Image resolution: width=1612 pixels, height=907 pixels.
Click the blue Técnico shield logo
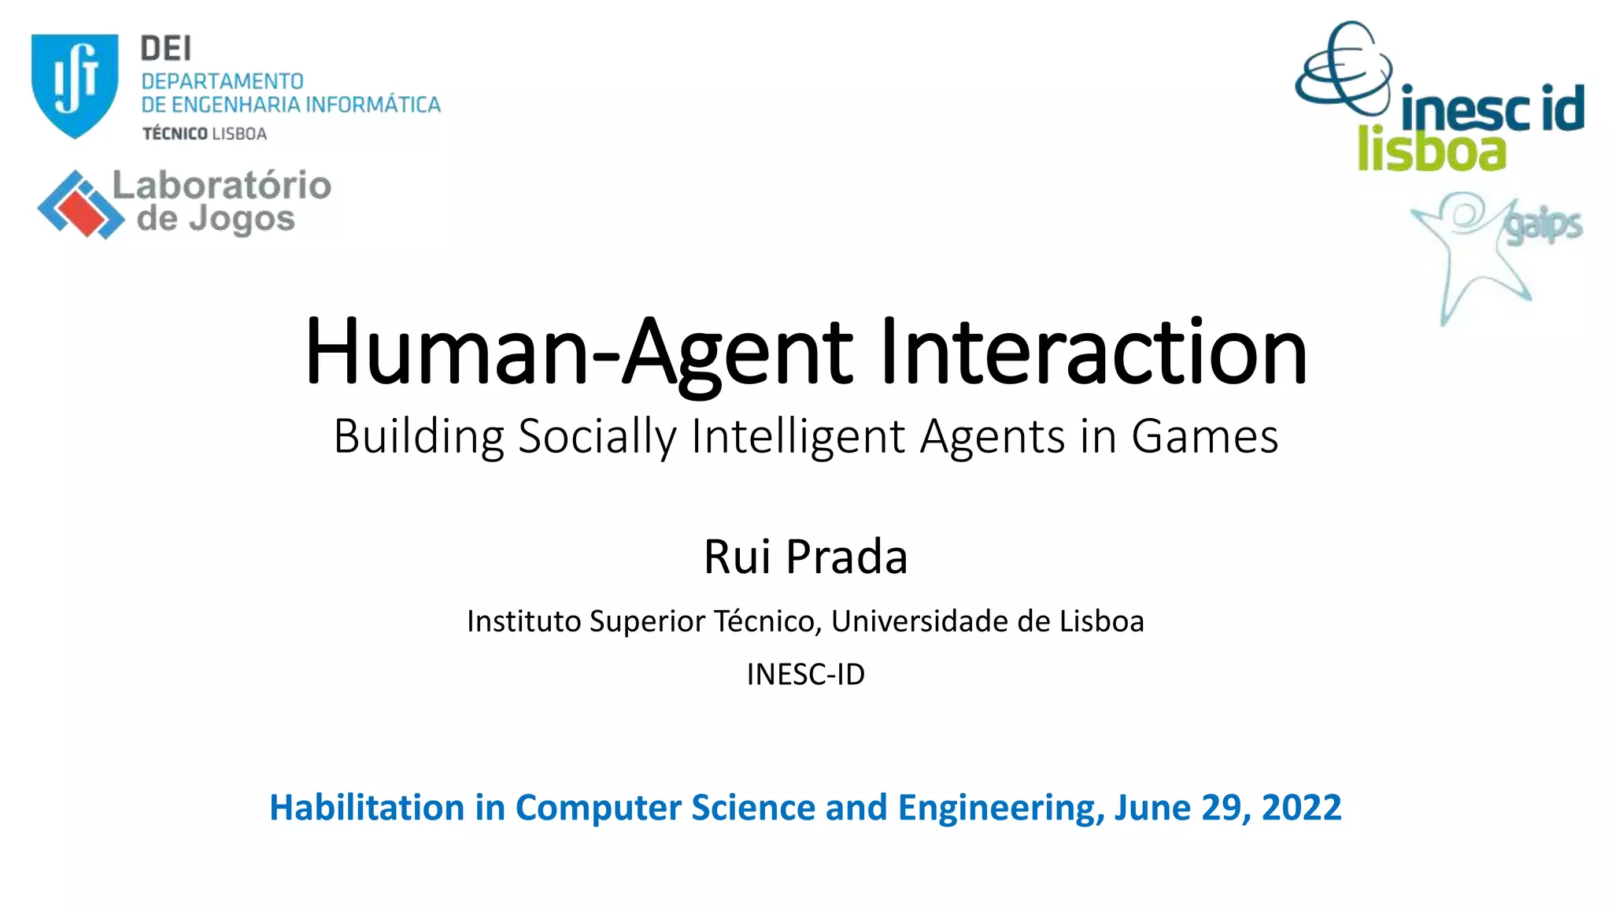pos(75,85)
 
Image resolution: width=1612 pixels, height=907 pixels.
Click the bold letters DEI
pos(166,49)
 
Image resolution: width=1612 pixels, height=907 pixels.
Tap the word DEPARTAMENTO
pos(222,81)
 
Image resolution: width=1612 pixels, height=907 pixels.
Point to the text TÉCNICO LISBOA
pos(205,134)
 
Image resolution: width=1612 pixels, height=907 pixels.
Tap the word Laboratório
pos(222,186)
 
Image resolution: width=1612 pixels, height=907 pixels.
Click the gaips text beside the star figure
pos(1543,226)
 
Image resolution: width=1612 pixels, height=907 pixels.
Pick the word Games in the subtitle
pos(1204,436)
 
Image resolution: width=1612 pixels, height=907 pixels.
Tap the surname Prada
pos(847,557)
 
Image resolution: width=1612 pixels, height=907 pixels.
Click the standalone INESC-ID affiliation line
pos(805,675)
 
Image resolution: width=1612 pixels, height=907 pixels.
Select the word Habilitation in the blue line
pos(367,808)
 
